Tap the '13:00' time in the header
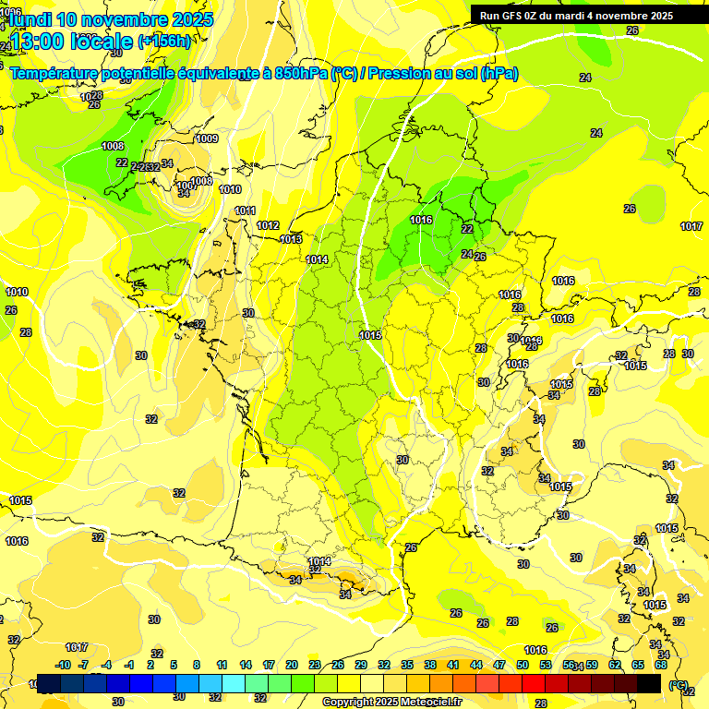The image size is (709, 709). pyautogui.click(x=37, y=41)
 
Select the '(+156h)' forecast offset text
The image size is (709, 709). pyautogui.click(x=164, y=41)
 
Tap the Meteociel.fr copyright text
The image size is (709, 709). pyautogui.click(x=392, y=702)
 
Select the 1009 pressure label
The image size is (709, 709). pyautogui.click(x=207, y=138)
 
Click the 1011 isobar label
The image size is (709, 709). pyautogui.click(x=245, y=210)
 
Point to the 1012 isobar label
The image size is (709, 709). pyautogui.click(x=268, y=225)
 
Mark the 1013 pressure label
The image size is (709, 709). pyautogui.click(x=291, y=239)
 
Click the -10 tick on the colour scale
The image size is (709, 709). pyautogui.click(x=64, y=665)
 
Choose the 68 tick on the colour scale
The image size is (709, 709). pyautogui.click(x=661, y=665)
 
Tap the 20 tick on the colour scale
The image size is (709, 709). pyautogui.click(x=291, y=665)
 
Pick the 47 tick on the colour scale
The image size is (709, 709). pyautogui.click(x=499, y=665)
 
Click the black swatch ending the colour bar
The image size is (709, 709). pyautogui.click(x=649, y=683)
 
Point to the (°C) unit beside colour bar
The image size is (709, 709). pyautogui.click(x=679, y=685)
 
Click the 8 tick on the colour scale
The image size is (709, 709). pyautogui.click(x=197, y=665)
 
